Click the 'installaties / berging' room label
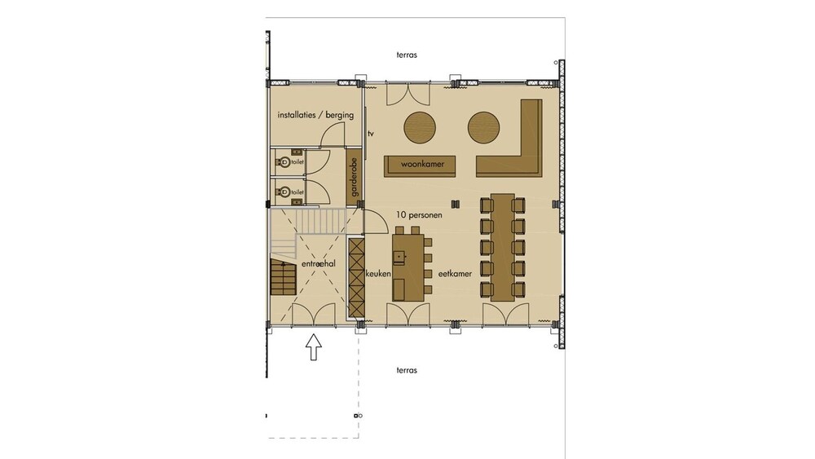click(315, 115)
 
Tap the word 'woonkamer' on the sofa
click(422, 164)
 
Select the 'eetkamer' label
click(455, 273)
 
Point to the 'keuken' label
click(378, 273)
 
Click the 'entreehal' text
click(318, 264)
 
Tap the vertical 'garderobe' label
click(355, 177)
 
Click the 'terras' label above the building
click(407, 55)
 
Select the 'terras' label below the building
click(407, 370)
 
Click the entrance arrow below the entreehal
click(313, 346)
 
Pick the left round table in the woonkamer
click(420, 127)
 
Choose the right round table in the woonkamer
click(484, 127)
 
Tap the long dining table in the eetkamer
click(503, 247)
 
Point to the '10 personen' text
click(419, 214)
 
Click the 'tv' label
click(371, 134)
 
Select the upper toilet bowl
click(284, 162)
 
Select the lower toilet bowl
click(284, 192)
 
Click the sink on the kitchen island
click(399, 257)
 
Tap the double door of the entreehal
click(314, 316)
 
